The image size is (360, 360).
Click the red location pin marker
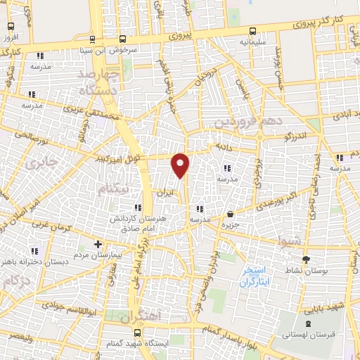click(x=181, y=165)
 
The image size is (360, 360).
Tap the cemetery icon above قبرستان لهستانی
click(x=309, y=323)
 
